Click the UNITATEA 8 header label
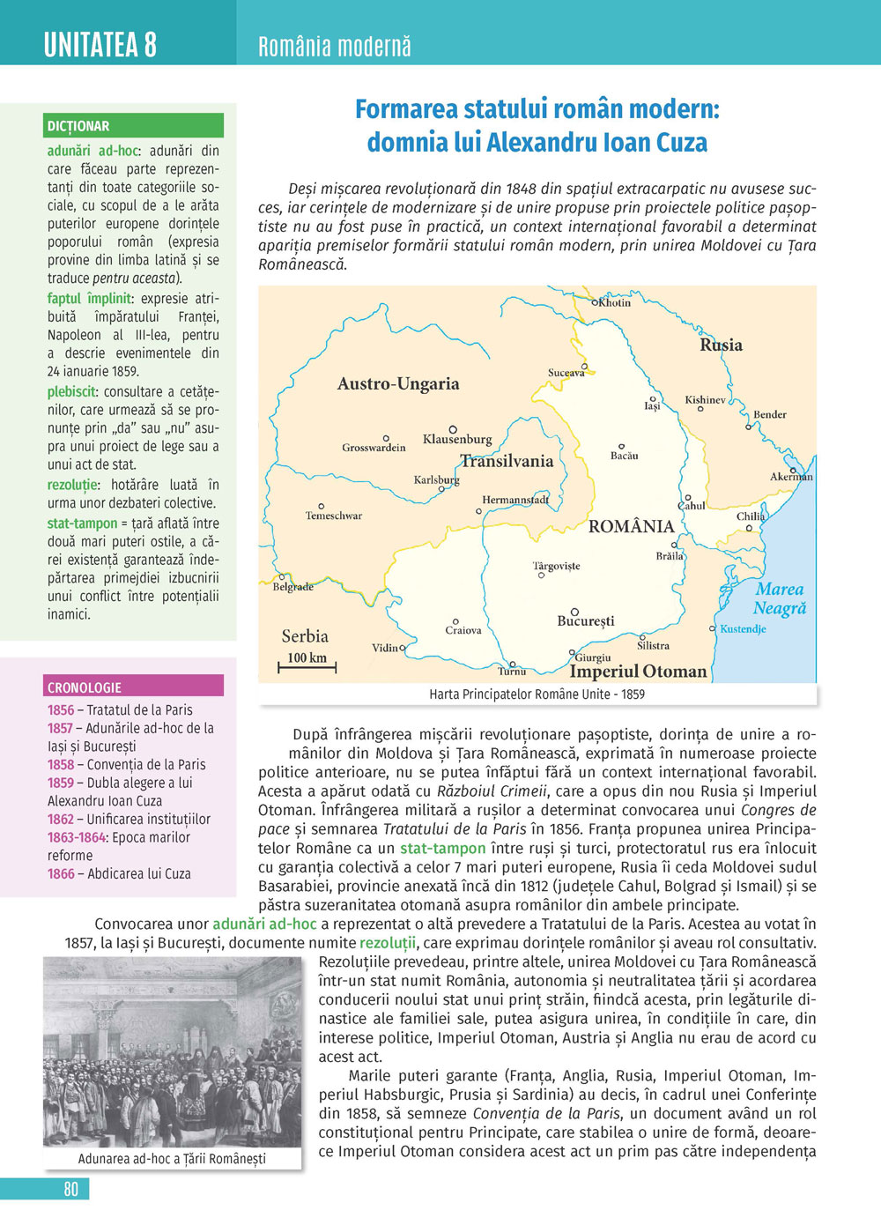pyautogui.click(x=100, y=44)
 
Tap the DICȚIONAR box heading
pyautogui.click(x=78, y=126)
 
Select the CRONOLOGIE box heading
pyautogui.click(x=85, y=687)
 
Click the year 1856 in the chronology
pyautogui.click(x=61, y=709)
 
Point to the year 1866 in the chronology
pyautogui.click(x=61, y=873)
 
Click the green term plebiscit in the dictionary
pyautogui.click(x=71, y=391)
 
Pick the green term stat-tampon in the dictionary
pyautogui.click(x=82, y=523)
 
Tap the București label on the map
pyautogui.click(x=586, y=621)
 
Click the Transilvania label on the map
pyautogui.click(x=507, y=461)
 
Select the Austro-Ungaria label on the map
pyautogui.click(x=398, y=383)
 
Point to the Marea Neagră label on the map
pyautogui.click(x=780, y=598)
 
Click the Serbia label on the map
pyautogui.click(x=305, y=635)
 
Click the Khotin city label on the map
pyautogui.click(x=614, y=302)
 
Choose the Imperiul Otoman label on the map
pyautogui.click(x=638, y=672)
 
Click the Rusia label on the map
pyautogui.click(x=721, y=345)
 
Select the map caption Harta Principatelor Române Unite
pyautogui.click(x=537, y=694)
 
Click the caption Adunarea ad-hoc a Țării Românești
pyautogui.click(x=172, y=1159)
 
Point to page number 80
pyautogui.click(x=71, y=1189)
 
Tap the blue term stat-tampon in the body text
pyautogui.click(x=442, y=848)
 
